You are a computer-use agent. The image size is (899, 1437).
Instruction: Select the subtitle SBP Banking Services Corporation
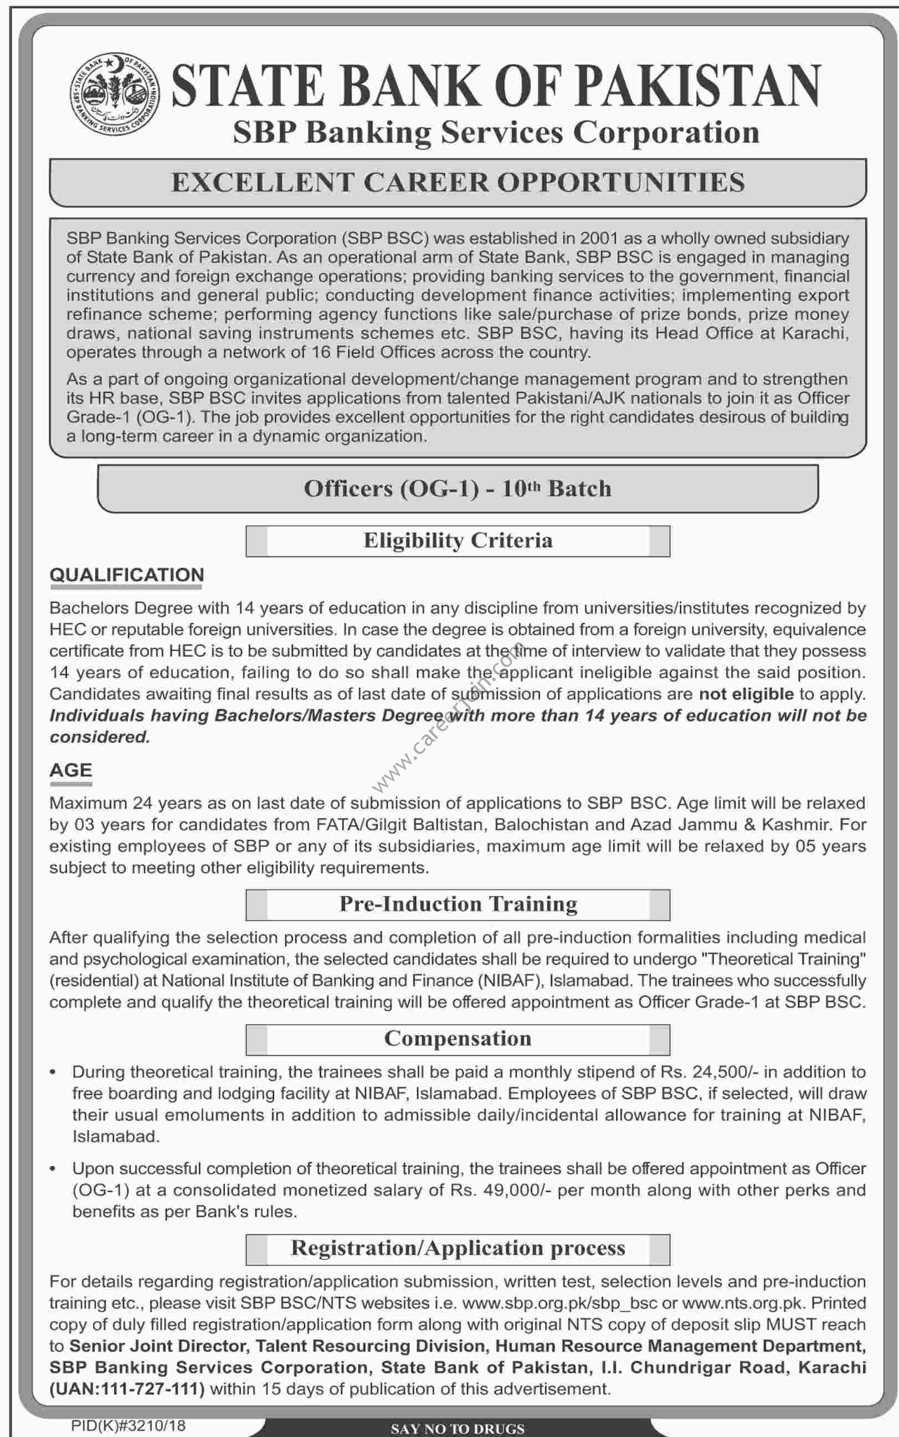coord(496,132)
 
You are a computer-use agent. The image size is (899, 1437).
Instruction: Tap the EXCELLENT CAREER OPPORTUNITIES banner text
coord(458,182)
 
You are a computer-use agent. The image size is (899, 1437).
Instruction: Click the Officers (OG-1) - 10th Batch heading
coord(457,489)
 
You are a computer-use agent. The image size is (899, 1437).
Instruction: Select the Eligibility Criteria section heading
coord(458,541)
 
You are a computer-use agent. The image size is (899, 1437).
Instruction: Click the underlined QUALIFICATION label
coord(127,575)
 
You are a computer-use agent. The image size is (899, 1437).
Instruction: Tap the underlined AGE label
coord(71,770)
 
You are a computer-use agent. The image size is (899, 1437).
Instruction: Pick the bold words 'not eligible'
coord(746,694)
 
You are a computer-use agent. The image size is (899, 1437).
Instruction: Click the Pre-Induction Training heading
coord(458,904)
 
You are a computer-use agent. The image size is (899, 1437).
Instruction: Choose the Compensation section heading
coord(458,1039)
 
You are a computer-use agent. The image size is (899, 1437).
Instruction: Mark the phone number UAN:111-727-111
coord(127,1389)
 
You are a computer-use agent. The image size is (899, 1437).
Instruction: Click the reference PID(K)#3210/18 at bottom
coord(128,1426)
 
